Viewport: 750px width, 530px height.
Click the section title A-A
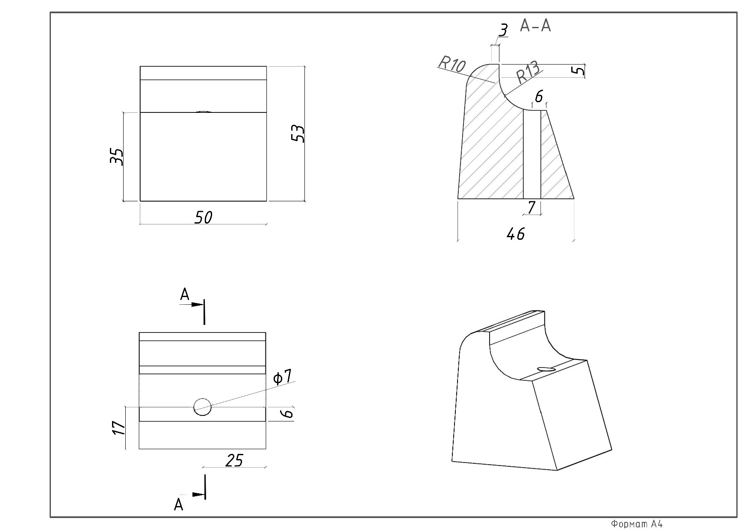[535, 26]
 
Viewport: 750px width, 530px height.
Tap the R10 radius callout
[452, 65]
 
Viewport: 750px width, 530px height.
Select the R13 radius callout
[528, 73]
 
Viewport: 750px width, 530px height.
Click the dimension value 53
[298, 134]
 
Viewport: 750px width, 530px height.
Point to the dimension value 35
[116, 156]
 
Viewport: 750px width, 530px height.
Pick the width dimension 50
[203, 218]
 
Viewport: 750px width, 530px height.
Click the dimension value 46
[515, 234]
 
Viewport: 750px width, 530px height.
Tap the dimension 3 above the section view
[503, 30]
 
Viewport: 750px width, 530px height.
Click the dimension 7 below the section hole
[531, 208]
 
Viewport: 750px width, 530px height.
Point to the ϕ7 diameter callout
[283, 377]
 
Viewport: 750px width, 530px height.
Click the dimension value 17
[118, 427]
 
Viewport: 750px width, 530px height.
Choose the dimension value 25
[234, 460]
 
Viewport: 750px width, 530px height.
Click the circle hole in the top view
[202, 407]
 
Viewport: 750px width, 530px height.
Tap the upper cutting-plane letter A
[185, 294]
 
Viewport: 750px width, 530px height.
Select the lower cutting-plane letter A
[179, 505]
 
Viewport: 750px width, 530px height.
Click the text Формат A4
[637, 524]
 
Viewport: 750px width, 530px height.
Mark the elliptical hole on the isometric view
[546, 369]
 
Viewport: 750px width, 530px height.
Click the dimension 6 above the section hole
[539, 97]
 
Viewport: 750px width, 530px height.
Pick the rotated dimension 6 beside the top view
[288, 413]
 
